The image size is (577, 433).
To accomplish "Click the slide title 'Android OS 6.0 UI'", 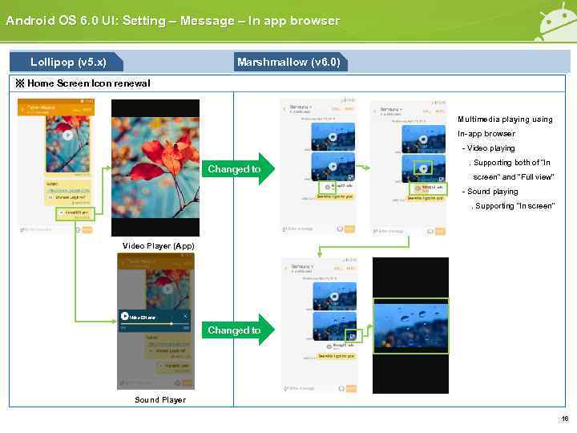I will click(x=172, y=21).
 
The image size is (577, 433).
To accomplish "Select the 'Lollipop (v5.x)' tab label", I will click(x=67, y=62).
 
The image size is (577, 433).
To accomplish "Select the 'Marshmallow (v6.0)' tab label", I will click(x=288, y=62).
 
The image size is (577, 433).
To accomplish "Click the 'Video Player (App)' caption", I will click(x=158, y=245).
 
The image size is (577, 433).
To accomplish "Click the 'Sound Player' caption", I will click(x=159, y=399).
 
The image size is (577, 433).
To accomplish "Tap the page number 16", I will click(x=564, y=419).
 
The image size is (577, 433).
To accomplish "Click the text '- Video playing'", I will click(x=488, y=148).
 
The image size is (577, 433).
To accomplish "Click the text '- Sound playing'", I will click(x=490, y=192).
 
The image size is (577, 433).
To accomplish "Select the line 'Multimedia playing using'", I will click(x=505, y=119).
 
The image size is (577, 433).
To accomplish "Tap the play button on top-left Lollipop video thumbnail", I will click(x=67, y=136).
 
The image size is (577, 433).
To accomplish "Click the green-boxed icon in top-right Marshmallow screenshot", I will click(x=422, y=168).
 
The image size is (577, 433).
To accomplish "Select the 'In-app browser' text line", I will click(x=486, y=134).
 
